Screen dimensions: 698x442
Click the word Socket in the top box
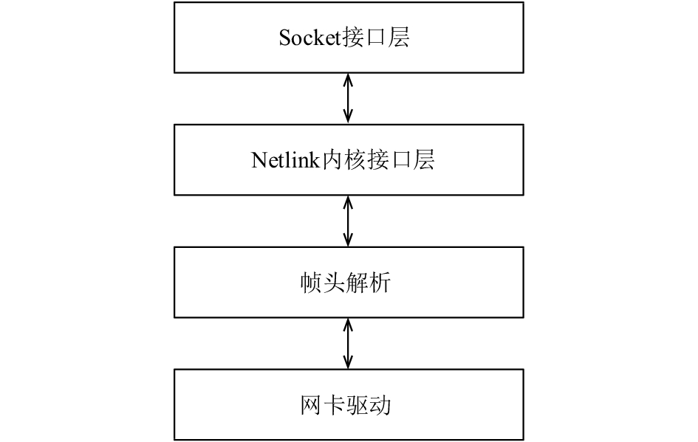pyautogui.click(x=310, y=38)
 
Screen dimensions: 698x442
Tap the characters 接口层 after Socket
pyautogui.click(x=376, y=38)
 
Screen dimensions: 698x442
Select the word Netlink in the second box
pyautogui.click(x=286, y=159)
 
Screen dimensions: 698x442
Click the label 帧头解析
pyautogui.click(x=346, y=283)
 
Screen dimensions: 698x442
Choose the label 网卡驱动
pyautogui.click(x=346, y=405)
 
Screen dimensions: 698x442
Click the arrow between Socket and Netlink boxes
pyautogui.click(x=349, y=98)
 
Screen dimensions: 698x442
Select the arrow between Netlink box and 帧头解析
pyautogui.click(x=349, y=221)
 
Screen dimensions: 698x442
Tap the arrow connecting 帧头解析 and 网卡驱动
pyautogui.click(x=349, y=343)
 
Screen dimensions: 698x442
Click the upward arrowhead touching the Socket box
pyautogui.click(x=349, y=79)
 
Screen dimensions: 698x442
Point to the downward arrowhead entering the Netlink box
pyautogui.click(x=349, y=117)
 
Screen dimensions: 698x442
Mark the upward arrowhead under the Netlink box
pyautogui.click(x=349, y=202)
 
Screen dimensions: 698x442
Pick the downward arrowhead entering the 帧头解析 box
pyautogui.click(x=349, y=240)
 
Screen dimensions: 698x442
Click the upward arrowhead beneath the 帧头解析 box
pyautogui.click(x=349, y=324)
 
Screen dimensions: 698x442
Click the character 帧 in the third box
pyautogui.click(x=312, y=283)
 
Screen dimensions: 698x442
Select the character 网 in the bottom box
pyautogui.click(x=312, y=405)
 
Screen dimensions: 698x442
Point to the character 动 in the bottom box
pyautogui.click(x=380, y=405)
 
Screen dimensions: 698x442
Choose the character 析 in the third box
pyautogui.click(x=380, y=283)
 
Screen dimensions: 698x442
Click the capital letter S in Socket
pyautogui.click(x=284, y=38)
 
